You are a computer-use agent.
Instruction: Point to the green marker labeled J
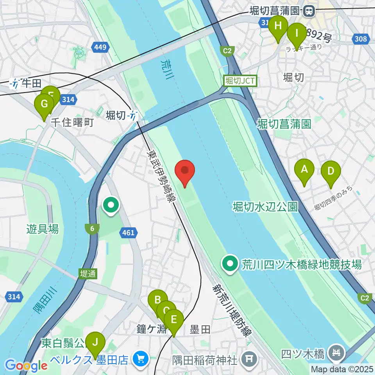click(x=95, y=343)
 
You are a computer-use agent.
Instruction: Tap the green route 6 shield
click(x=92, y=229)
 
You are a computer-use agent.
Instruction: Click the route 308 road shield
click(x=361, y=38)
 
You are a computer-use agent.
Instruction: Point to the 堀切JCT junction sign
click(x=240, y=81)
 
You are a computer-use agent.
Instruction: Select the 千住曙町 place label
click(x=72, y=123)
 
